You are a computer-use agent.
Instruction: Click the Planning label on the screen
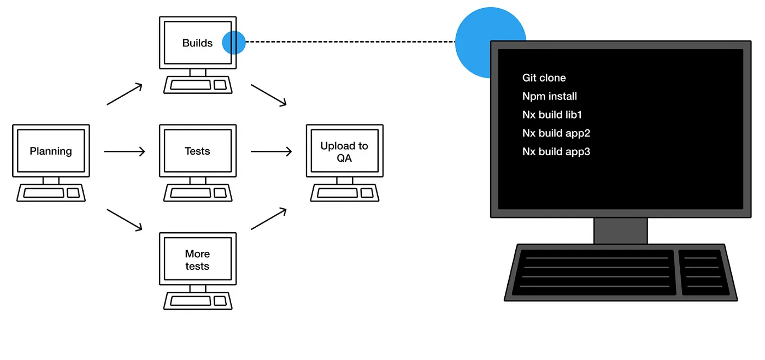point(51,151)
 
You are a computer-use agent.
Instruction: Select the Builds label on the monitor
point(197,43)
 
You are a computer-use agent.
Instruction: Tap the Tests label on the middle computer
point(197,151)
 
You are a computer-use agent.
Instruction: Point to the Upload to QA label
point(344,152)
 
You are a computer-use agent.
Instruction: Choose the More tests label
point(197,260)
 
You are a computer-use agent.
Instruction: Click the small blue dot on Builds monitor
point(234,42)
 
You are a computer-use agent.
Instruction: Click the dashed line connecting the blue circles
point(350,42)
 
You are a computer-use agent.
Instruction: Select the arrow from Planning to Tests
point(125,151)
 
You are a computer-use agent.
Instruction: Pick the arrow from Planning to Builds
point(125,94)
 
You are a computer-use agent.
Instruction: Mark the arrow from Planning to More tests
point(125,220)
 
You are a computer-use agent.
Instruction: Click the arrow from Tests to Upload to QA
point(272,151)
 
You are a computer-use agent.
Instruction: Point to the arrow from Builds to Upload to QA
point(269,95)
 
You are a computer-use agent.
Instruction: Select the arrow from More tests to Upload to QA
point(269,219)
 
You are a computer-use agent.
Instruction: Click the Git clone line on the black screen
point(544,78)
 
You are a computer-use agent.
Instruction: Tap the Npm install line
point(550,97)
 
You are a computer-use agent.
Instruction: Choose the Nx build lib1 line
point(552,115)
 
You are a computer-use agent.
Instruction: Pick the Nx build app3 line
point(556,152)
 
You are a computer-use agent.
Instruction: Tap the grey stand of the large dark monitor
point(620,231)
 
